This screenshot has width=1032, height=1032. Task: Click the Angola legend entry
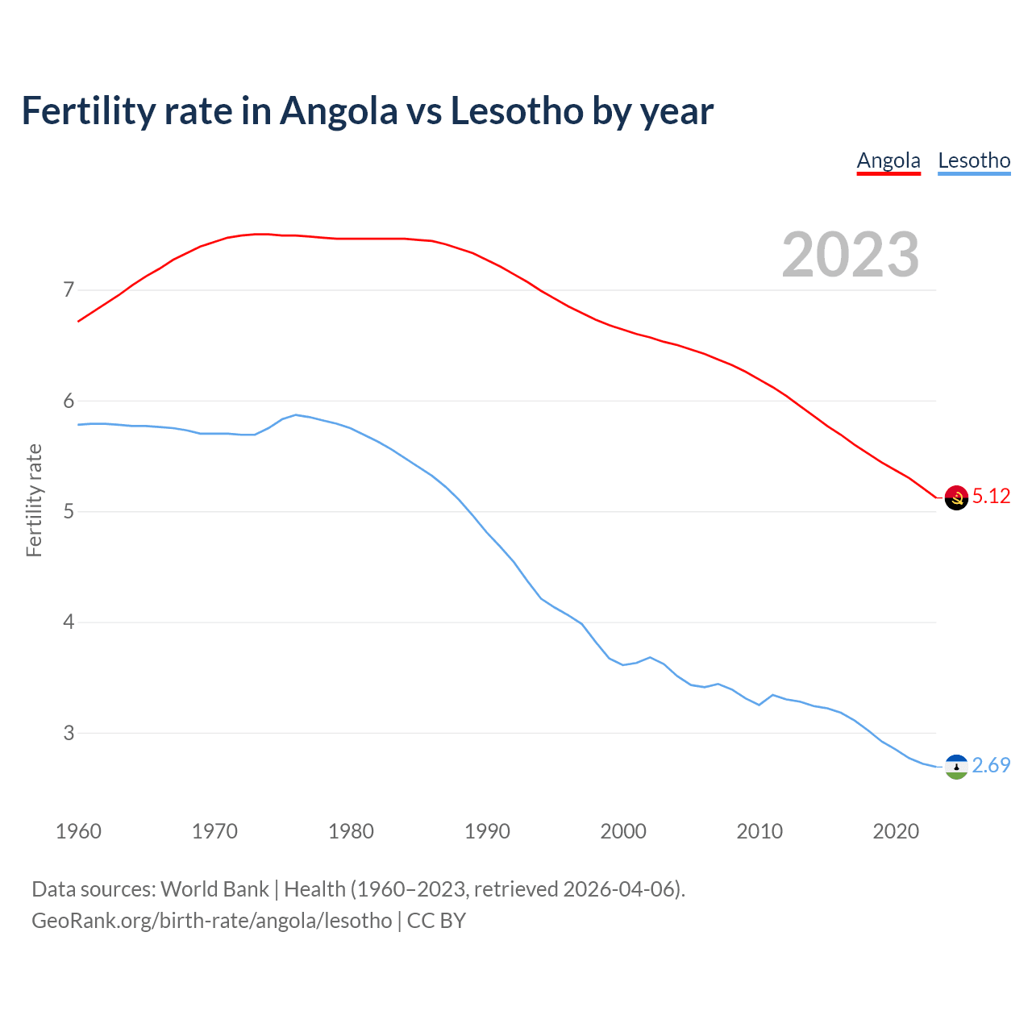tap(888, 160)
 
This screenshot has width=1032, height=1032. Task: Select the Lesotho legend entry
tap(974, 160)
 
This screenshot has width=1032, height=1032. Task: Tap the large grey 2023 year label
tap(851, 255)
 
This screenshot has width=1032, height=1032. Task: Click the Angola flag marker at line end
tap(956, 497)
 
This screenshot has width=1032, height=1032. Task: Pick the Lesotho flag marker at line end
tap(956, 767)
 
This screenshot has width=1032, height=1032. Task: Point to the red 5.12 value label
tap(991, 497)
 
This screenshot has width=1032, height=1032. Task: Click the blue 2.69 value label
tap(991, 766)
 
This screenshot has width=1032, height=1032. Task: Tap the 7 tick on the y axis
tap(68, 289)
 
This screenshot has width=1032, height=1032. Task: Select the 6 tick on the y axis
tap(68, 401)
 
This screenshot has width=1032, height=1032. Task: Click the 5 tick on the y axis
tap(68, 511)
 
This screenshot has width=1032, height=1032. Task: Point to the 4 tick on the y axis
tap(68, 622)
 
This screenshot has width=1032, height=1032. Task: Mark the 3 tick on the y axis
tap(68, 733)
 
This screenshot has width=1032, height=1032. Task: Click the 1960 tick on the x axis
tap(78, 831)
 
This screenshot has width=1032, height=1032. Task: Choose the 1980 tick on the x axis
tap(351, 831)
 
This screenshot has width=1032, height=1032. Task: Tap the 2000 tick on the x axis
tap(623, 831)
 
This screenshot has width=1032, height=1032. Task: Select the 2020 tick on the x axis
tap(896, 831)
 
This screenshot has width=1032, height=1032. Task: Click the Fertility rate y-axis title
tap(34, 501)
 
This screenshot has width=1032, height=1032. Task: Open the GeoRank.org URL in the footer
tap(212, 921)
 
